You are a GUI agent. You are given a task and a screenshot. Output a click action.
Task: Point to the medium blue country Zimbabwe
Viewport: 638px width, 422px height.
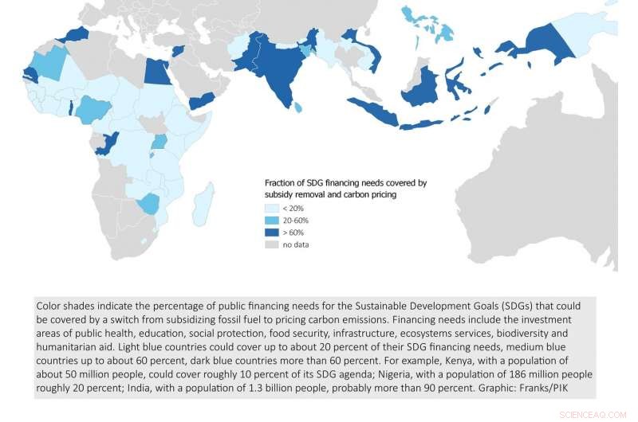click(x=148, y=203)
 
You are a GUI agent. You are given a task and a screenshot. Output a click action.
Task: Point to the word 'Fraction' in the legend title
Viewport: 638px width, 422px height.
click(x=282, y=182)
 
